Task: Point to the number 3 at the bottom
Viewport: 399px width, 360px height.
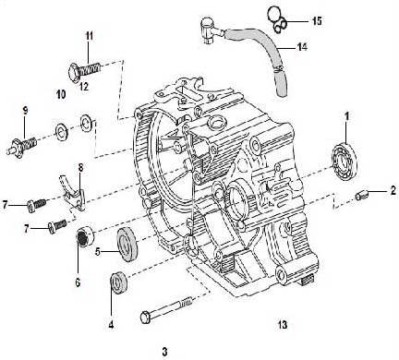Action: pos(163,350)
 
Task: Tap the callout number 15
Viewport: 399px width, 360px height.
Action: pos(317,19)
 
